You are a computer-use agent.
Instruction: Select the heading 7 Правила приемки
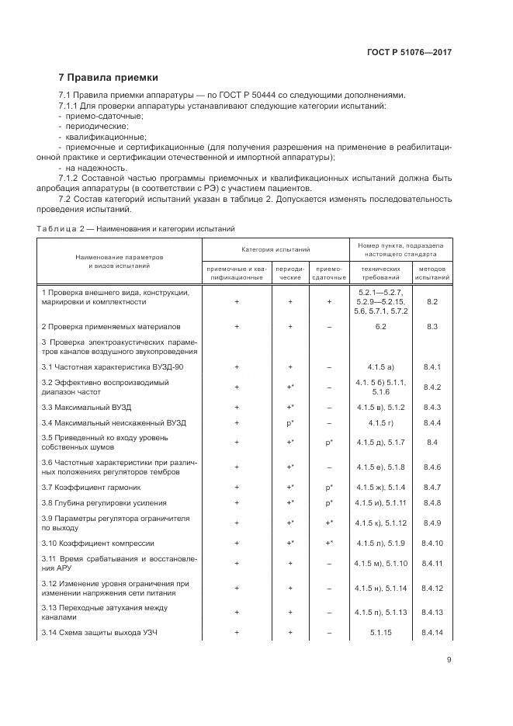click(x=109, y=78)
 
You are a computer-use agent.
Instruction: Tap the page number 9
click(x=449, y=660)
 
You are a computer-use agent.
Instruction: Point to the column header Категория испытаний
click(x=276, y=250)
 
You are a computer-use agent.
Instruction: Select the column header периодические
click(x=290, y=272)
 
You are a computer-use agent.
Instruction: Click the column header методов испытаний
click(x=432, y=272)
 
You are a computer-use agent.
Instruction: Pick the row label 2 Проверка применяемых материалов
click(x=110, y=327)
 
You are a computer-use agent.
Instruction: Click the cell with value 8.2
click(x=432, y=301)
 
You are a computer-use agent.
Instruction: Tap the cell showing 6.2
click(x=381, y=327)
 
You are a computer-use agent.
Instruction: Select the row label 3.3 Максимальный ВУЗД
click(x=86, y=406)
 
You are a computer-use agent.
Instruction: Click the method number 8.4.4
click(x=432, y=422)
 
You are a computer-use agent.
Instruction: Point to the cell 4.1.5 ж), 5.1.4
click(x=381, y=487)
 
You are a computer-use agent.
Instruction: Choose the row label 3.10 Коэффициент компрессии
click(x=98, y=543)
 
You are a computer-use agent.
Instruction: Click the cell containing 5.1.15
click(x=381, y=633)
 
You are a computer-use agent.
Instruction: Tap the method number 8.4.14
click(x=432, y=633)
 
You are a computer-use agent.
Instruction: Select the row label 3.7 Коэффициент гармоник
click(x=91, y=487)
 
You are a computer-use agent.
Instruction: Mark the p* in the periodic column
click(x=290, y=422)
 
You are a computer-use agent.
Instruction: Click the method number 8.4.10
click(x=432, y=543)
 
